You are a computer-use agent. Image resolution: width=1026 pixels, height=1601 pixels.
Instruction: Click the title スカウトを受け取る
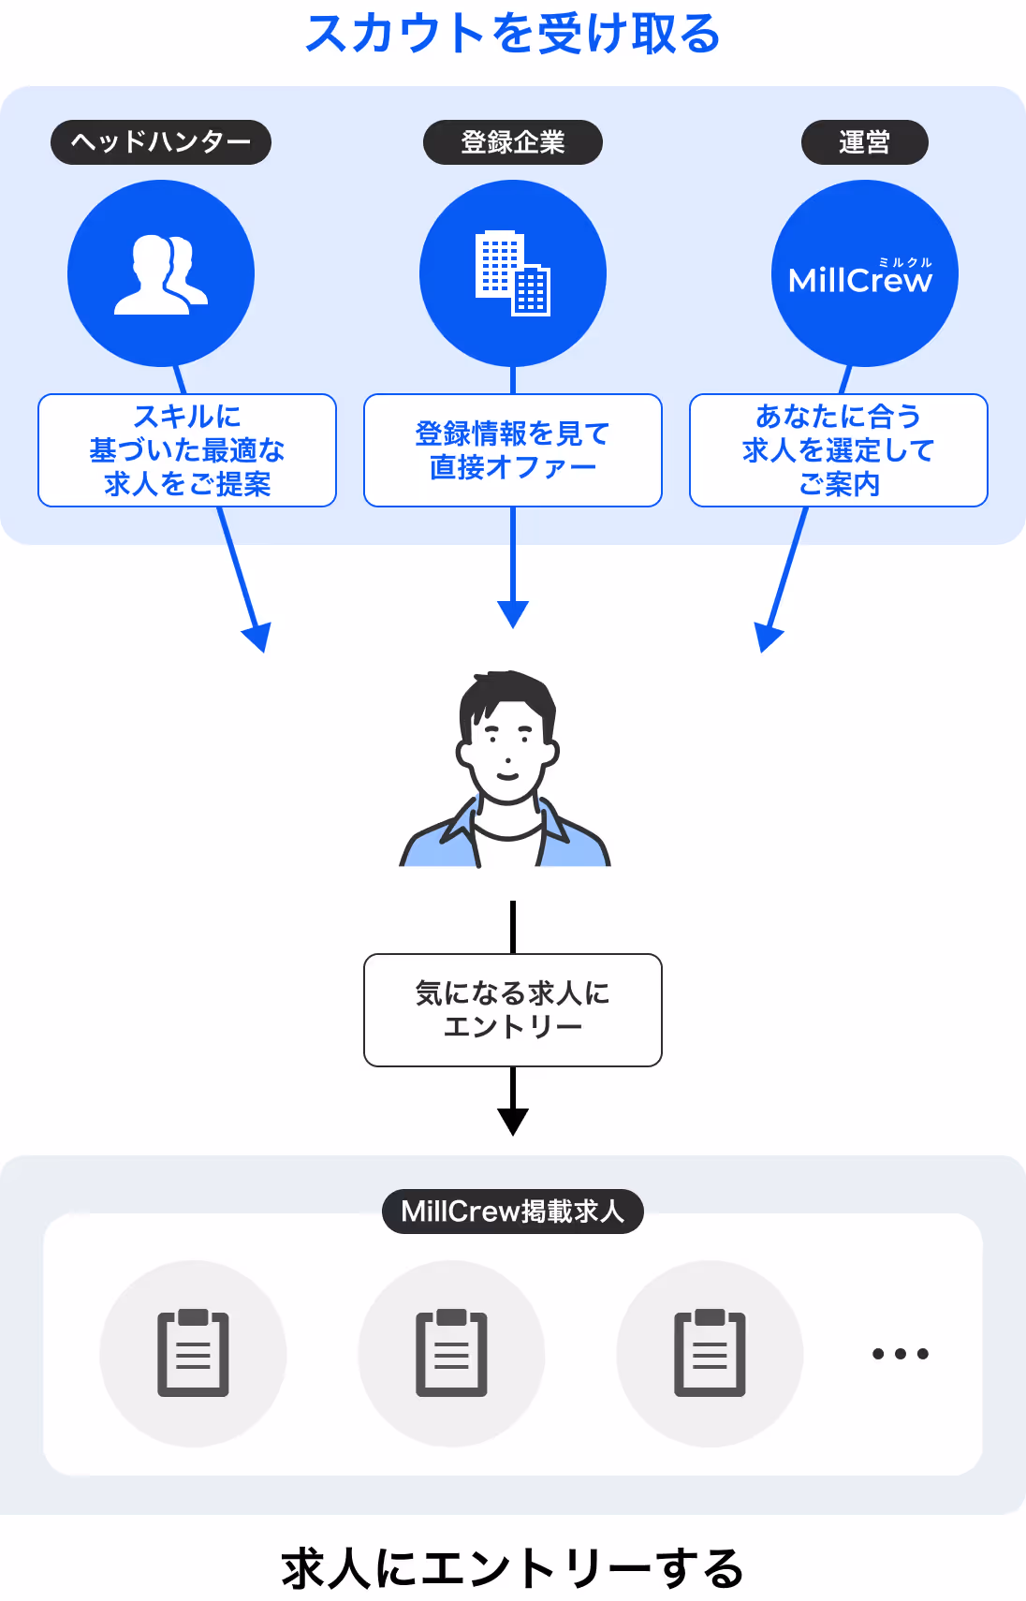tap(513, 35)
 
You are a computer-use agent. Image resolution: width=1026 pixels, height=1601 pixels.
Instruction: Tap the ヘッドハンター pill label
tap(161, 142)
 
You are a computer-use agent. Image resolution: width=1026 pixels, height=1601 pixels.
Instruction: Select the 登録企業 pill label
tap(513, 142)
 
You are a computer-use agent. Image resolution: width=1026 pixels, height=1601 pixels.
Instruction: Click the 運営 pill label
tap(864, 142)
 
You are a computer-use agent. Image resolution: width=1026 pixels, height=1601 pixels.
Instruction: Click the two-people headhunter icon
tap(161, 274)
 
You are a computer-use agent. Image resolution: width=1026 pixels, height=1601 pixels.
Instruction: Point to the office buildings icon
tap(513, 273)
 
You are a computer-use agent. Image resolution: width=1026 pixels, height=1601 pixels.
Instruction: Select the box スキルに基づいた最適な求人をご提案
tap(187, 450)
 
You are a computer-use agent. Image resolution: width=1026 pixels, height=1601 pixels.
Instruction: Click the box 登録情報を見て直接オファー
tap(513, 450)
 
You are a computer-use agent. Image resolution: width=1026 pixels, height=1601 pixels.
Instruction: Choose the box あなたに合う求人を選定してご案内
tap(839, 450)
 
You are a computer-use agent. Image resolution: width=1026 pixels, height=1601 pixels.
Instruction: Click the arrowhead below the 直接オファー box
tap(513, 615)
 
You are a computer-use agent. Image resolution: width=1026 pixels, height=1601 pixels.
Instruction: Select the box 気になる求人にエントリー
tap(513, 1010)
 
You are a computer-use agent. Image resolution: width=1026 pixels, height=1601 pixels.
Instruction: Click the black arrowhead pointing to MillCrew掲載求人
tap(513, 1121)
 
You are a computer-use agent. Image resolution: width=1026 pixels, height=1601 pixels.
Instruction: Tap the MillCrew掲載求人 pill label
tap(513, 1212)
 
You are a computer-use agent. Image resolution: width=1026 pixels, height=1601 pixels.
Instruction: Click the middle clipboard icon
tap(451, 1353)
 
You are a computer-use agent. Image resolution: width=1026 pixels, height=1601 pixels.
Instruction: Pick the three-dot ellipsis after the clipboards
tap(900, 1354)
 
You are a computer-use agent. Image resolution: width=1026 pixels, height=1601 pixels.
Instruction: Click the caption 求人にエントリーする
tap(513, 1569)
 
